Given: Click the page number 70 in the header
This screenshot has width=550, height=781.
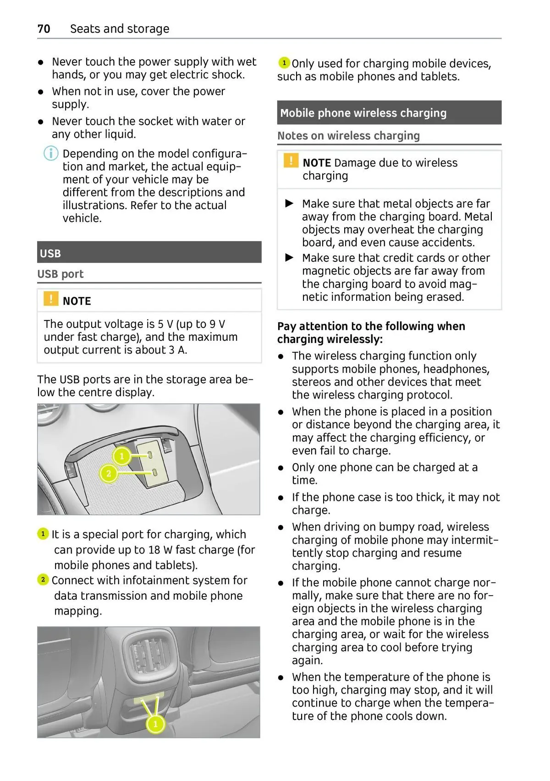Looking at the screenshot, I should point(44,29).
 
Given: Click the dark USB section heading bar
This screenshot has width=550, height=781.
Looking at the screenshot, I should point(149,253).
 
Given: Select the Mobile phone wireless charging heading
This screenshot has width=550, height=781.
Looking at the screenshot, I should point(363,113).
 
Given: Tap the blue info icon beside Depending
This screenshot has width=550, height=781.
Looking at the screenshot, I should point(51,153).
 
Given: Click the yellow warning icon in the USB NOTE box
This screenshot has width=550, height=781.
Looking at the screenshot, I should point(50,299).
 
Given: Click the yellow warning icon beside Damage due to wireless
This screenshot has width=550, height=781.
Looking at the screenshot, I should point(291,161).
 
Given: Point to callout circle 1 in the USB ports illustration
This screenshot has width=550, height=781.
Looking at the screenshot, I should point(121,456).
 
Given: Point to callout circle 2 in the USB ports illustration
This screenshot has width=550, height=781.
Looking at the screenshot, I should point(109,473).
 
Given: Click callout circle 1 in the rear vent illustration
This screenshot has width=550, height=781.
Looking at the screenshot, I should point(155,724).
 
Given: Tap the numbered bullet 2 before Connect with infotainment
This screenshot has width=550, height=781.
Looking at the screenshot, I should point(43,580).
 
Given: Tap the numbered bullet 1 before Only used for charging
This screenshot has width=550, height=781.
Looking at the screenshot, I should point(284,62).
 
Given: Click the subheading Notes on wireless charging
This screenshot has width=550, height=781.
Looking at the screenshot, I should point(348,136).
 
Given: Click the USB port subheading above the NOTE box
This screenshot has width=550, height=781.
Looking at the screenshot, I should point(60,274).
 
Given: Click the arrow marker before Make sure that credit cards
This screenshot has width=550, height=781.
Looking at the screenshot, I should point(289,258).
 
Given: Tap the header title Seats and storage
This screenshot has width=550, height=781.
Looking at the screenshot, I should point(120,29).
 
